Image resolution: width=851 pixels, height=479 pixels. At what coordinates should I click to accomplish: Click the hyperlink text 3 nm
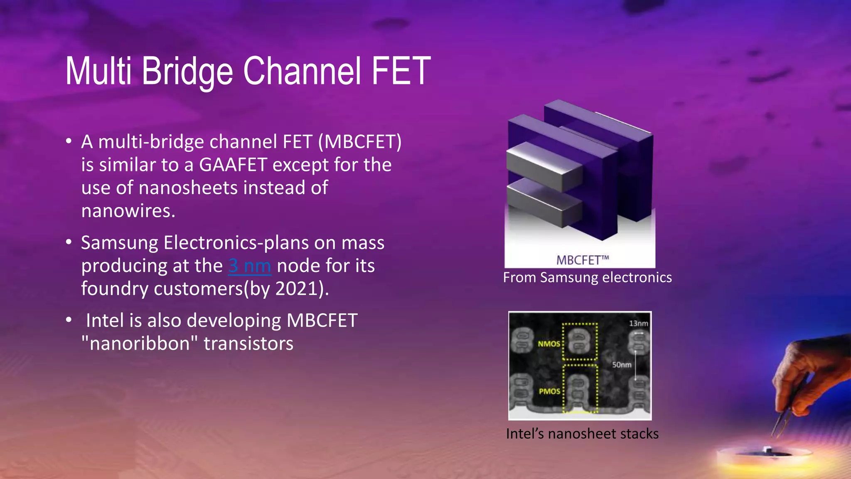[249, 266]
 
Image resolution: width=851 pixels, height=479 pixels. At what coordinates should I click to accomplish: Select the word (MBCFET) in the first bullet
[360, 142]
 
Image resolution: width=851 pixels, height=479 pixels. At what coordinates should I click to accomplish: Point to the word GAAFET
[233, 165]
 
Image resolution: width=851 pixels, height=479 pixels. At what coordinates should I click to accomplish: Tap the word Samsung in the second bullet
[120, 243]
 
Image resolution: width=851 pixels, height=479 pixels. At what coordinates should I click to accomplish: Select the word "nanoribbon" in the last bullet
[140, 344]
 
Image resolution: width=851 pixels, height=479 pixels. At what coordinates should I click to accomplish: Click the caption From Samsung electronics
[587, 277]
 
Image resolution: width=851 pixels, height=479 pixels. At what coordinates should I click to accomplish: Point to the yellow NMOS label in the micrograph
[549, 344]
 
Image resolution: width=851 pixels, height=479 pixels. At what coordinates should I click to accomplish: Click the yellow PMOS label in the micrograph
[549, 391]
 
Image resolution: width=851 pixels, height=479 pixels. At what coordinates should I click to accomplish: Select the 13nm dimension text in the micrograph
[638, 323]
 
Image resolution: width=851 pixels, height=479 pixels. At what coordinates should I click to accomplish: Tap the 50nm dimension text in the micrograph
[621, 365]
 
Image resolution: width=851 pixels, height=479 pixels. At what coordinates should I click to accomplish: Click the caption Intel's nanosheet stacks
[582, 434]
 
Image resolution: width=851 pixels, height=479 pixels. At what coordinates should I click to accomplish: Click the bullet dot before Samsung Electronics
[69, 242]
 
